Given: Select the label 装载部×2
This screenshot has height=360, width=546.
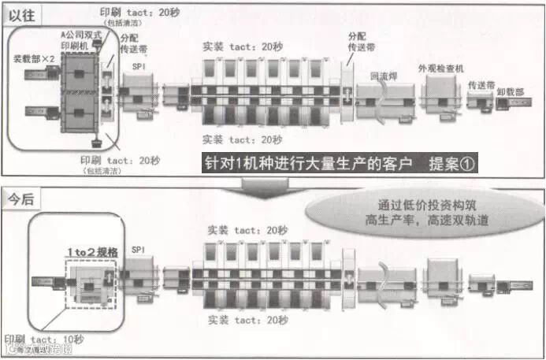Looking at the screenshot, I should (x=34, y=59).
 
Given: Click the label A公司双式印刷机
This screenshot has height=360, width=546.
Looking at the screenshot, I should (x=80, y=41).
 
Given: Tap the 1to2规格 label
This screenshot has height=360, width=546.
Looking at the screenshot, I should (x=91, y=253).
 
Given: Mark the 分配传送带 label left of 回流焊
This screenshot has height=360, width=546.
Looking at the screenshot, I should (x=357, y=42).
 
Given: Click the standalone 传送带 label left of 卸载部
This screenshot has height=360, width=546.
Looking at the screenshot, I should (x=481, y=84).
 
